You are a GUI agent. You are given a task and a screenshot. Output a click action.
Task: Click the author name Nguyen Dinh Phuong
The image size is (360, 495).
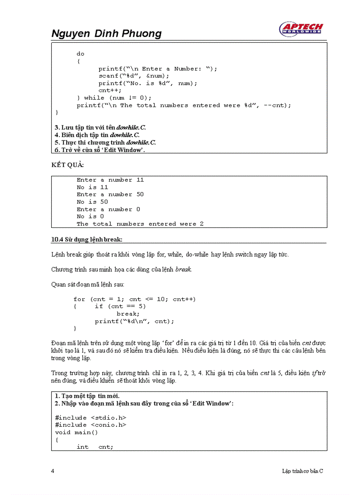tap(106, 33)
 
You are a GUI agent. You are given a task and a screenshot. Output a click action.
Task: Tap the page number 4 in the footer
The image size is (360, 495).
tap(53, 471)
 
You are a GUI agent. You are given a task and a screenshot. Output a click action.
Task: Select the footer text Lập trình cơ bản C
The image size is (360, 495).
tap(302, 471)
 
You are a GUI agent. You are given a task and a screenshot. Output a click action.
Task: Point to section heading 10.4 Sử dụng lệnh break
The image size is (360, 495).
tap(87, 239)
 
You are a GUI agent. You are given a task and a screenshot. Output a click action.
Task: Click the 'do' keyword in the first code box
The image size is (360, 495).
tap(80, 54)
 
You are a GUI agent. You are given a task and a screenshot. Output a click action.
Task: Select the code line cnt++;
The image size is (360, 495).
tap(110, 90)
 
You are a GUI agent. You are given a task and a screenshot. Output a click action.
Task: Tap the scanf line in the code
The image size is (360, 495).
tap(134, 76)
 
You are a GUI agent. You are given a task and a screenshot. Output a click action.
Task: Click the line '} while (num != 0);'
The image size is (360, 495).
tap(114, 98)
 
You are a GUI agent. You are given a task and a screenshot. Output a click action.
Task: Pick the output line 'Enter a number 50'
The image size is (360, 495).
tap(110, 194)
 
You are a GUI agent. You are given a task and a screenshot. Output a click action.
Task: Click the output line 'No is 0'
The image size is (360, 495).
tap(90, 216)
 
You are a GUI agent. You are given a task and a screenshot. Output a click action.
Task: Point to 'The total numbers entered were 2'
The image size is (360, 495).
tap(140, 224)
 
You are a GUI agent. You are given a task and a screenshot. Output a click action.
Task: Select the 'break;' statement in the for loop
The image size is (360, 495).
tap(128, 314)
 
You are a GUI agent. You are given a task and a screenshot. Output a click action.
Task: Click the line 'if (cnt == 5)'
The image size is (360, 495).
tap(120, 306)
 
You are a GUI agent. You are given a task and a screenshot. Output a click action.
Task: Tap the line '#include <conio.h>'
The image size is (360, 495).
tap(90, 425)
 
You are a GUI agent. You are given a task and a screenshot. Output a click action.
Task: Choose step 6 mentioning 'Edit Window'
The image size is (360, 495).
tap(100, 150)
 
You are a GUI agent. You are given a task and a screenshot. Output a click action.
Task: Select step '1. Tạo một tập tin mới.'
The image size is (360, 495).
tap(87, 396)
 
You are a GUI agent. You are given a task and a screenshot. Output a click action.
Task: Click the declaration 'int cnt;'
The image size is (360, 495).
tap(95, 447)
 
